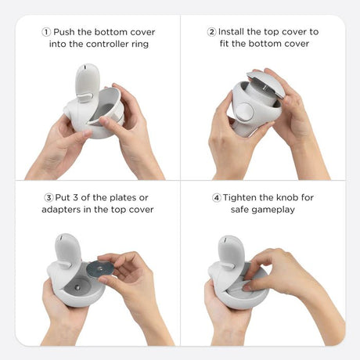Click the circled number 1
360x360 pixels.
[46, 32]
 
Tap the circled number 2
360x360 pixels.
[211, 32]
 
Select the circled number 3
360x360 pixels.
[49, 197]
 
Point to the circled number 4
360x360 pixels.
[217, 197]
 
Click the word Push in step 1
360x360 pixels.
[64, 32]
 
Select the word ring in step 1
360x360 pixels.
[140, 44]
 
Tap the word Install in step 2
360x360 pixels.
[232, 32]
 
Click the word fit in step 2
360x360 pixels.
[224, 43]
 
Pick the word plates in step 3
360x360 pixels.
[123, 198]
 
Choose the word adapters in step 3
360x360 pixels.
[61, 210]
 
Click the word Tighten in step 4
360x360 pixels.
[239, 198]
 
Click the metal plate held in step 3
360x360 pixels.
[99, 269]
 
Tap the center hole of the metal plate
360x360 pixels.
[100, 268]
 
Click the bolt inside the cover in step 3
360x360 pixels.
[77, 287]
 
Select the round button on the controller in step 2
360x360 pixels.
[245, 112]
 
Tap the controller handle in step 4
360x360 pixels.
[229, 253]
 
